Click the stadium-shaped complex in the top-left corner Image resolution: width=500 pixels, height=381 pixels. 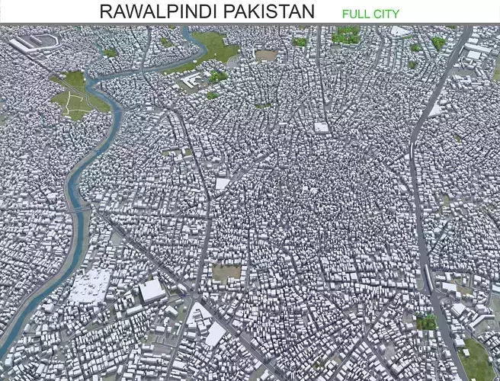(x=34, y=43)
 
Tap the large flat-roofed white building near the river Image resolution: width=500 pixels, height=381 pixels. (x=91, y=286)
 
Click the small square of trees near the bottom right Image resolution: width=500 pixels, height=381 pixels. (x=427, y=322)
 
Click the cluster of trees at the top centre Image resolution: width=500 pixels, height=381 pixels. (x=346, y=34)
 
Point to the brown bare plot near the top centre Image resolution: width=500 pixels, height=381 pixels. (x=265, y=55)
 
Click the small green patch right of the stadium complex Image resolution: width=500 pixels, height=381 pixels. (x=111, y=53)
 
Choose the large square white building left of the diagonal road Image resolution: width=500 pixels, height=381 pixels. (x=152, y=290)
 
